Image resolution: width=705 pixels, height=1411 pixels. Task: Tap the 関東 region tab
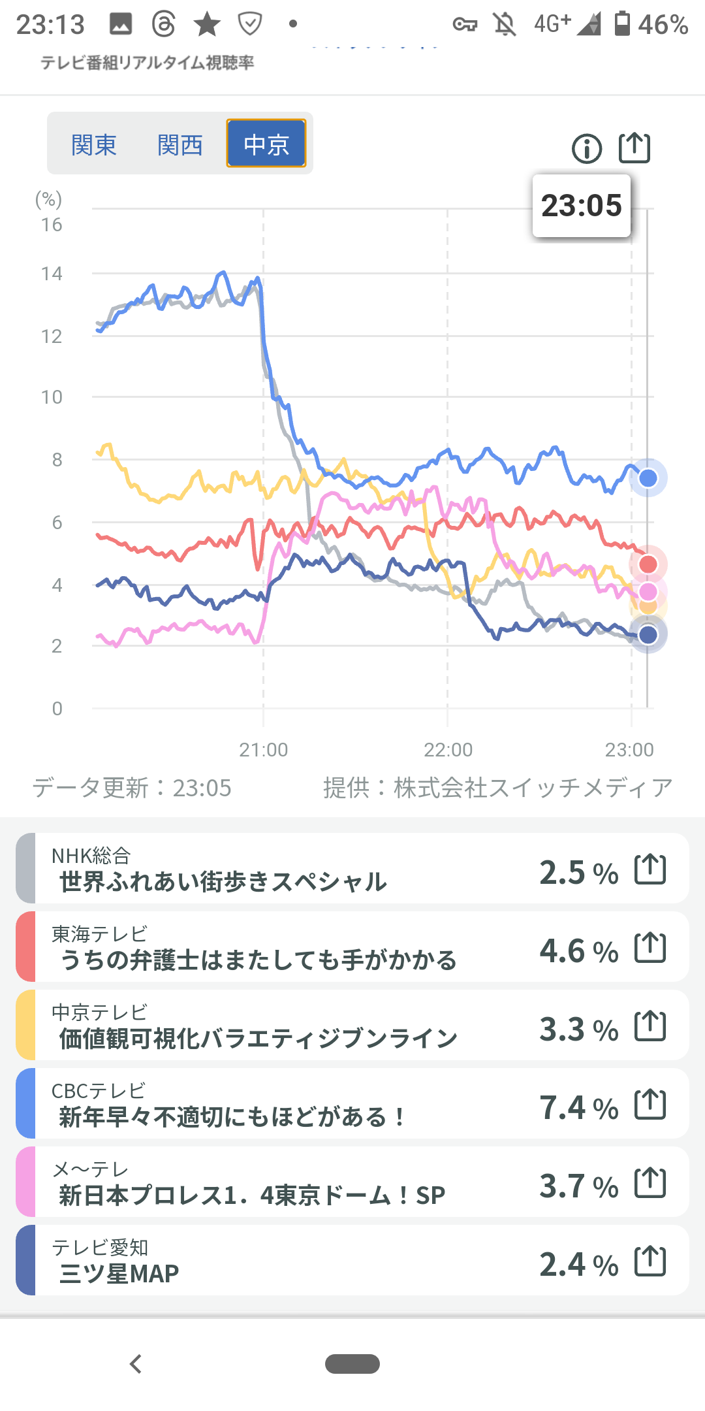(x=94, y=144)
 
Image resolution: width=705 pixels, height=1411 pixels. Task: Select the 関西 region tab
(x=180, y=144)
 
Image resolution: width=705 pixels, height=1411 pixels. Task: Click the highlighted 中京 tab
(x=266, y=144)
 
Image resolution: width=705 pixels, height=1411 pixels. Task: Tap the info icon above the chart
(x=586, y=148)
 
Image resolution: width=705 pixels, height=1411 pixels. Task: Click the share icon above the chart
(x=634, y=148)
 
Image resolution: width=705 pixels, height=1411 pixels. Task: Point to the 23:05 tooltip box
(x=582, y=206)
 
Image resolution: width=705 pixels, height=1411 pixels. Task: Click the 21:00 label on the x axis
(x=263, y=749)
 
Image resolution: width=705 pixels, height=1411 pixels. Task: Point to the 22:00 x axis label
(x=448, y=749)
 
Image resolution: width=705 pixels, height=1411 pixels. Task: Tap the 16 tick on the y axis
(x=52, y=225)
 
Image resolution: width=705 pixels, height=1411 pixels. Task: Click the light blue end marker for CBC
(x=648, y=478)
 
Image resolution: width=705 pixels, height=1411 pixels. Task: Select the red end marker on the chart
(x=648, y=564)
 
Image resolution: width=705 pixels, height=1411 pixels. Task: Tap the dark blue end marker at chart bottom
(x=648, y=634)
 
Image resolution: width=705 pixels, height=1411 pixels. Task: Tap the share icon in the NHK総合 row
(x=650, y=869)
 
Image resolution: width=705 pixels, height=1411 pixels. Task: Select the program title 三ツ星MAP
(x=119, y=1273)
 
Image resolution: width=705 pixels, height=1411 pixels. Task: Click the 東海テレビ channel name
(x=99, y=934)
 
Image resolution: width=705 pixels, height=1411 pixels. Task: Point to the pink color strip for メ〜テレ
(x=25, y=1182)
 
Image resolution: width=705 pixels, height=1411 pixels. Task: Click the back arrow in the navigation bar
(x=136, y=1364)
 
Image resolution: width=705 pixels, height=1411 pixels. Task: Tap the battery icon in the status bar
(x=623, y=24)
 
